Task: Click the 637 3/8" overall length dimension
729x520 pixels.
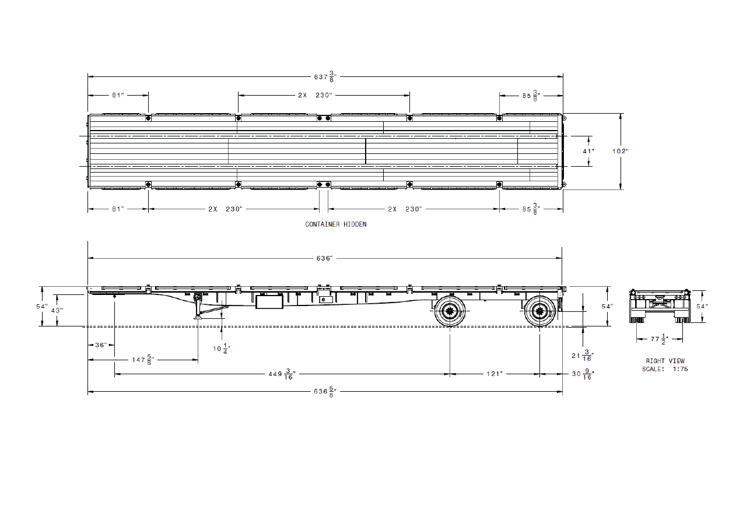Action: (x=325, y=76)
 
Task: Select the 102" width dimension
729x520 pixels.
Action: (x=621, y=151)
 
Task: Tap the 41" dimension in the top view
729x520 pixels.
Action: (x=588, y=151)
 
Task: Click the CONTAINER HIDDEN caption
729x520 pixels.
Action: (x=336, y=224)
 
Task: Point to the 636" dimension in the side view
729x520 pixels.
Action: (x=324, y=258)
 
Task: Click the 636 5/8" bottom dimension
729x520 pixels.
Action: (x=325, y=391)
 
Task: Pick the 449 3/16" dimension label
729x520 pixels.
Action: (x=282, y=374)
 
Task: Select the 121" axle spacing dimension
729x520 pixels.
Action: (x=495, y=374)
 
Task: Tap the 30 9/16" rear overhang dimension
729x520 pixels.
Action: (x=583, y=374)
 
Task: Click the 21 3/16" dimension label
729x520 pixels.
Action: (x=583, y=356)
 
